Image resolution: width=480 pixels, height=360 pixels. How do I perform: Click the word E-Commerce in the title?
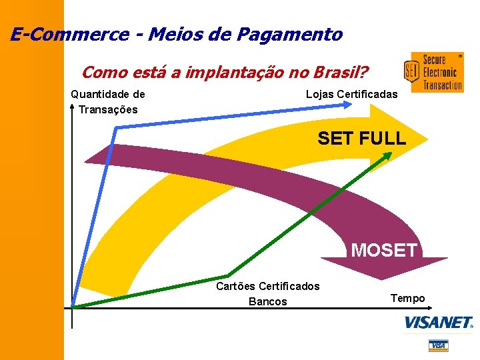(x=69, y=34)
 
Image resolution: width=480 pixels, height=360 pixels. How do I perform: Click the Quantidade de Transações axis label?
(x=108, y=102)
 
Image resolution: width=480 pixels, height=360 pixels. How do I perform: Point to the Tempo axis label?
(x=407, y=298)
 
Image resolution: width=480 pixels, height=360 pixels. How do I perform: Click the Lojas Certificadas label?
(x=351, y=95)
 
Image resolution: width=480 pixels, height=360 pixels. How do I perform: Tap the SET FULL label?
(x=361, y=139)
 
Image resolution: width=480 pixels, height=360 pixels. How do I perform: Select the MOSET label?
(x=384, y=250)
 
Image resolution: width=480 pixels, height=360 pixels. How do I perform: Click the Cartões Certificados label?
(x=268, y=286)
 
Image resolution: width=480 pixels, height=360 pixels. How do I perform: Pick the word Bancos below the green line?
(x=268, y=301)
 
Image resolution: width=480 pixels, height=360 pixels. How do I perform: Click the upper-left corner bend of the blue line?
(x=117, y=127)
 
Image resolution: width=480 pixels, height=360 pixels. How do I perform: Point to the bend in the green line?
(x=228, y=275)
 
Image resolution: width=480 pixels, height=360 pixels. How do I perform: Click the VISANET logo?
(x=438, y=323)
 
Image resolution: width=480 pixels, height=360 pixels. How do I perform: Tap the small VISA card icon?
(x=438, y=345)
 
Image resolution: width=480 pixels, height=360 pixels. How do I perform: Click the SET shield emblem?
(x=411, y=71)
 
